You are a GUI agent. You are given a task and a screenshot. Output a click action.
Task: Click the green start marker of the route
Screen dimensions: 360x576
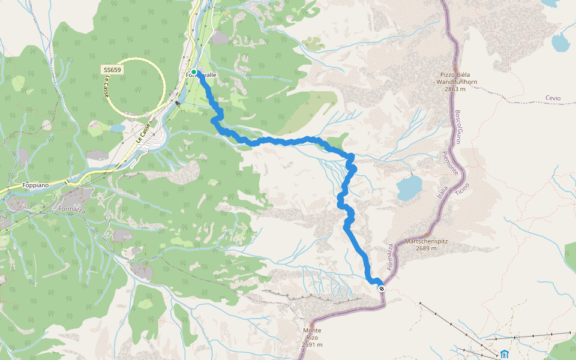coord(194,72)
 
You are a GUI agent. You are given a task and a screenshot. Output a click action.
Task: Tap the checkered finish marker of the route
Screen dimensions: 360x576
coord(382,289)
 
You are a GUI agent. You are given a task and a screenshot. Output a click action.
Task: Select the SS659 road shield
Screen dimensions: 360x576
coord(112,70)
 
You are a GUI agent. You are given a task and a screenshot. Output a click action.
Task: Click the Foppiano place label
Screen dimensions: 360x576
coord(34,185)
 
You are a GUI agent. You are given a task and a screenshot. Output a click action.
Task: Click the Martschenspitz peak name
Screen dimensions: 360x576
coord(427,241)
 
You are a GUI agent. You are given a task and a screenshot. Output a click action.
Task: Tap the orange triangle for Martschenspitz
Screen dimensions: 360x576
coord(427,235)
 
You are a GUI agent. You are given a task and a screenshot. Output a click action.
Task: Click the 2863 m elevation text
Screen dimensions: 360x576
coord(455,89)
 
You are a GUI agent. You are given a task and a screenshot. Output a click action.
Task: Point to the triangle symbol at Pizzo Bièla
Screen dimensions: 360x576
coord(455,68)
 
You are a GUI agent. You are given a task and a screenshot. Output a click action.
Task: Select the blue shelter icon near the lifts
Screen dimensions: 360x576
coord(504,354)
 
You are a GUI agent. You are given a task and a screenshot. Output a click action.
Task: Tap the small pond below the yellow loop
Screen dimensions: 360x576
coord(116,128)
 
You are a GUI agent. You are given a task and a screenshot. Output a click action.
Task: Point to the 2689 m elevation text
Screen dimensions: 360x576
coord(427,248)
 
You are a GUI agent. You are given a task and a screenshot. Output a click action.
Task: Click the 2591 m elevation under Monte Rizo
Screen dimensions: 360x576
coord(312,344)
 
